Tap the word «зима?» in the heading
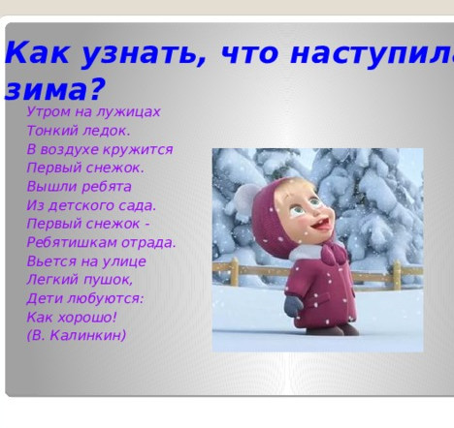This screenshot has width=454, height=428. pyautogui.click(x=53, y=91)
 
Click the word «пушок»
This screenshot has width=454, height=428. pyautogui.click(x=110, y=279)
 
